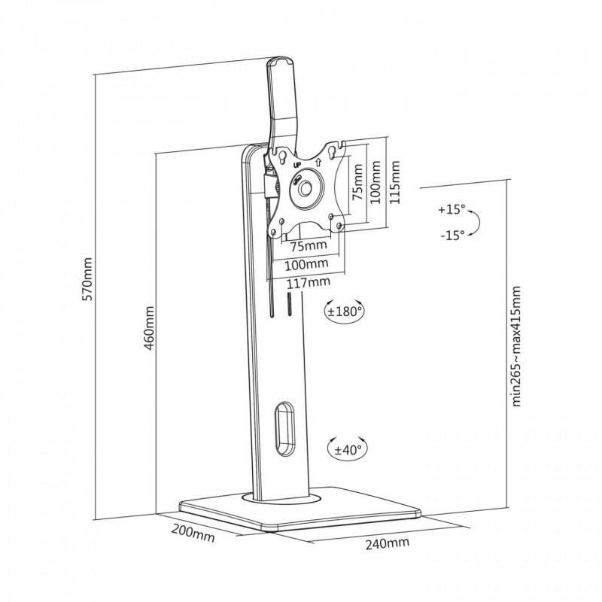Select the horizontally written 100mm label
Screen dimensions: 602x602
[x=308, y=264]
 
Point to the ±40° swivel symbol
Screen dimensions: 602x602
[x=345, y=449]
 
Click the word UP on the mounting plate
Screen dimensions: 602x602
[x=296, y=162]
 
